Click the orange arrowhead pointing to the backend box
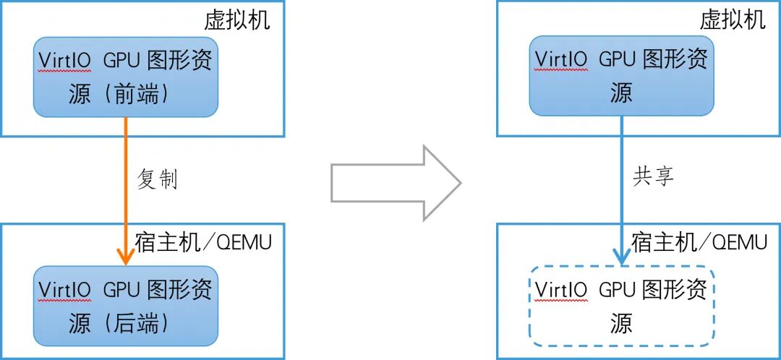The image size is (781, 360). click(x=126, y=256)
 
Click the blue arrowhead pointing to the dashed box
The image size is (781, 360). click(x=621, y=256)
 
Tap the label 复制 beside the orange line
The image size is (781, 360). click(x=157, y=179)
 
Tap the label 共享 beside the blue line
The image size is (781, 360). click(x=653, y=177)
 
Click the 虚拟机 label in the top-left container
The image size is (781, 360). click(x=236, y=20)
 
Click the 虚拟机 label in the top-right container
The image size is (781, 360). click(x=732, y=20)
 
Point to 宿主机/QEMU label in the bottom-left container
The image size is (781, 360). click(x=203, y=242)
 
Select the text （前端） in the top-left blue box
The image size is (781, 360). click(x=142, y=95)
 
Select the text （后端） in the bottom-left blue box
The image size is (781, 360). click(x=142, y=323)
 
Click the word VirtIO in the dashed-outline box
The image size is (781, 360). click(x=560, y=289)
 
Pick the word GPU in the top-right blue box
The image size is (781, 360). click(x=617, y=60)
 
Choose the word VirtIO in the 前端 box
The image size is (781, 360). click(x=65, y=61)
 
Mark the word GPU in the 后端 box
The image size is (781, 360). click(x=121, y=290)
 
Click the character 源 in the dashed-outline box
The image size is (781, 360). click(x=620, y=323)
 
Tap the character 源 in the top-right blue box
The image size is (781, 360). click(x=620, y=93)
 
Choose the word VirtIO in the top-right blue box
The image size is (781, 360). click(x=560, y=60)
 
